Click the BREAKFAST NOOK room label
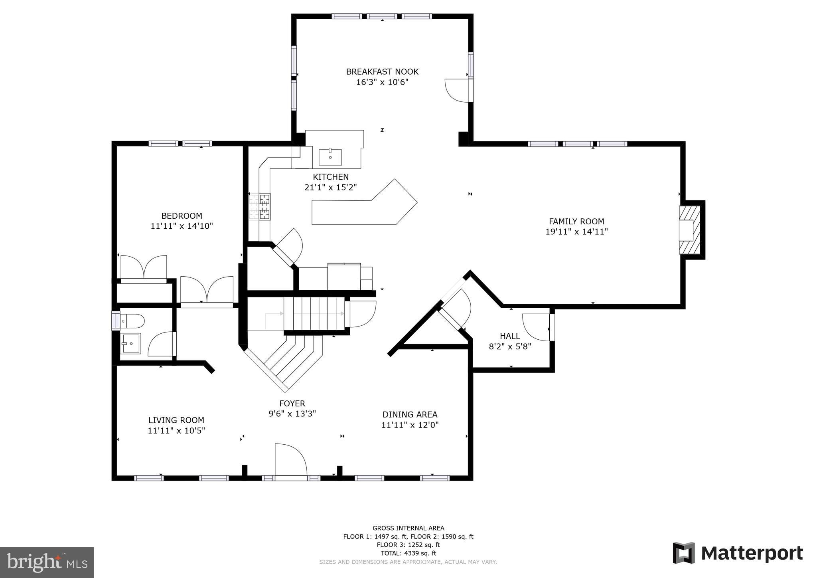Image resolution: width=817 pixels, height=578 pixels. (382, 72)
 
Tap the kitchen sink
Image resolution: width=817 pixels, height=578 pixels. (330, 157)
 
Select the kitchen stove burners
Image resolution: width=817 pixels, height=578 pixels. (260, 207)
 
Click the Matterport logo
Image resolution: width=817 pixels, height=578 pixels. (738, 553)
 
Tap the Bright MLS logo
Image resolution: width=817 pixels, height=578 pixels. (47, 562)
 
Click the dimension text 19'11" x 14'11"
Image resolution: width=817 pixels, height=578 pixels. (576, 232)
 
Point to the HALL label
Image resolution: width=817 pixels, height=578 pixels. (510, 336)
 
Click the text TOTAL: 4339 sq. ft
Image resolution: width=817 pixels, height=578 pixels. (408, 553)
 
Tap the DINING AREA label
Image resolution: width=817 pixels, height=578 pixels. (410, 414)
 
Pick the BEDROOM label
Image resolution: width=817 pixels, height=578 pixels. (182, 216)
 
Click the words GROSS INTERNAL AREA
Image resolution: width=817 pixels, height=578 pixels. (408, 528)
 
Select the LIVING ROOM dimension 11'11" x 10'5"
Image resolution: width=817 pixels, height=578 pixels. (176, 431)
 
